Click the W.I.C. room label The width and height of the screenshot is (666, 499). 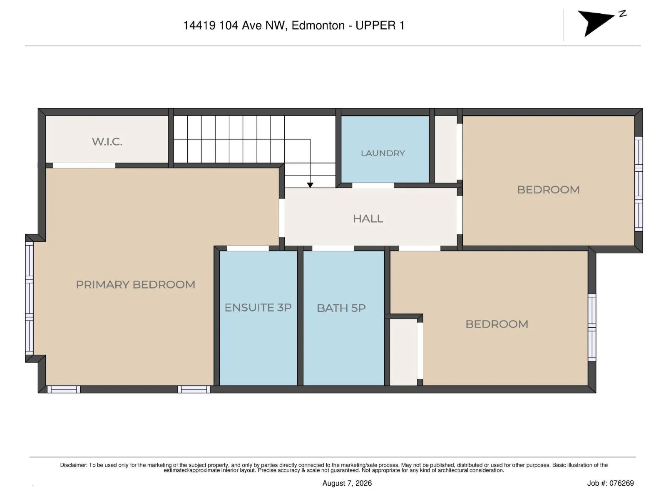pyautogui.click(x=107, y=141)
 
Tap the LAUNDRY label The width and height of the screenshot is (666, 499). pyautogui.click(x=383, y=153)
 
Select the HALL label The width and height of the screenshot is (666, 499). pyautogui.click(x=368, y=218)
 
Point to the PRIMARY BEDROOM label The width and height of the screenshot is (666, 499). pyautogui.click(x=135, y=284)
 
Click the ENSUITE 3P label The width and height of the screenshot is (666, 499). pyautogui.click(x=258, y=308)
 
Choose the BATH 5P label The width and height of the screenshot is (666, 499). pyautogui.click(x=341, y=308)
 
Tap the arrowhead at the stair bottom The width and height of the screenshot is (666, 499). pyautogui.click(x=310, y=185)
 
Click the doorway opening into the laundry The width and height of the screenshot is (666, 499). pyautogui.click(x=373, y=185)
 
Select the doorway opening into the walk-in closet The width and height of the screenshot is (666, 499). pyautogui.click(x=84, y=166)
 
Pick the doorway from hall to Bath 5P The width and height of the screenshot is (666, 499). pyautogui.click(x=333, y=248)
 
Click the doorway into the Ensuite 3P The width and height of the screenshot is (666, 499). pyautogui.click(x=248, y=248)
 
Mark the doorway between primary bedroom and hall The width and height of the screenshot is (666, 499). pyautogui.click(x=281, y=218)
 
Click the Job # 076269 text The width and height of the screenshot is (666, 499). pyautogui.click(x=610, y=483)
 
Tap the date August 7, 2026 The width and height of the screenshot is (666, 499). pyautogui.click(x=347, y=483)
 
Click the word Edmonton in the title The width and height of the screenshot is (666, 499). pyautogui.click(x=318, y=25)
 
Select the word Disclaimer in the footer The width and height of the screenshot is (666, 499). pyautogui.click(x=74, y=465)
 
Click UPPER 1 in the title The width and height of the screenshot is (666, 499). pyautogui.click(x=380, y=25)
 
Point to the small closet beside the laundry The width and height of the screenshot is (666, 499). pyautogui.click(x=446, y=149)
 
